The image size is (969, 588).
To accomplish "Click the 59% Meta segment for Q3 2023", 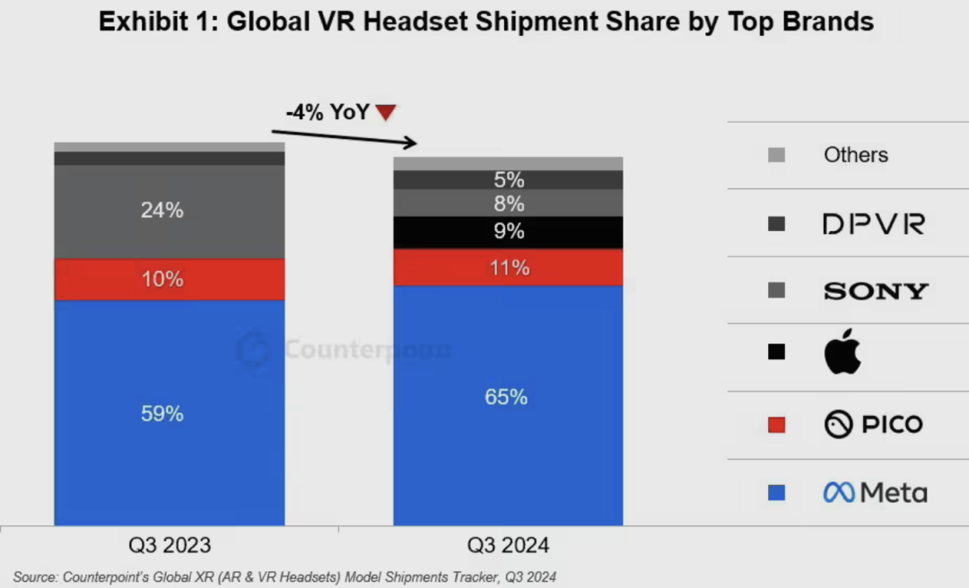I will (x=169, y=413).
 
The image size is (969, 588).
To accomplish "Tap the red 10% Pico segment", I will (x=169, y=279).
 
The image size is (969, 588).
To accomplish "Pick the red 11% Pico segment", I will (x=508, y=267).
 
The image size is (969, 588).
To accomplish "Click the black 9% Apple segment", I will (x=508, y=232).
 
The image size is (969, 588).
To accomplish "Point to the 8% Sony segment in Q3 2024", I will (x=508, y=203).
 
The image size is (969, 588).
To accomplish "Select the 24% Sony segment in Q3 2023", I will (x=169, y=212).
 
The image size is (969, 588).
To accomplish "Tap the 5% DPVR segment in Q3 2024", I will (x=508, y=180).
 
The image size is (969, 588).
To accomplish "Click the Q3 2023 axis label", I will (x=170, y=545).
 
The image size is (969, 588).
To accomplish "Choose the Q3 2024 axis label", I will (x=508, y=545).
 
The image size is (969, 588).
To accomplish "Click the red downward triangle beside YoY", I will (x=386, y=113).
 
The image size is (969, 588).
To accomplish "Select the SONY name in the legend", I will (x=875, y=291).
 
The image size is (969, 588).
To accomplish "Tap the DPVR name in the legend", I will (x=873, y=224).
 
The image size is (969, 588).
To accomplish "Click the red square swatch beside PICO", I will (x=777, y=425).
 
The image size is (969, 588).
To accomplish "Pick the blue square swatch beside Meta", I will (x=777, y=492).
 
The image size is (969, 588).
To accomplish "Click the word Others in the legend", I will (x=856, y=155).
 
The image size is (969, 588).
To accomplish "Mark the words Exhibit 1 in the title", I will (x=156, y=22).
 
